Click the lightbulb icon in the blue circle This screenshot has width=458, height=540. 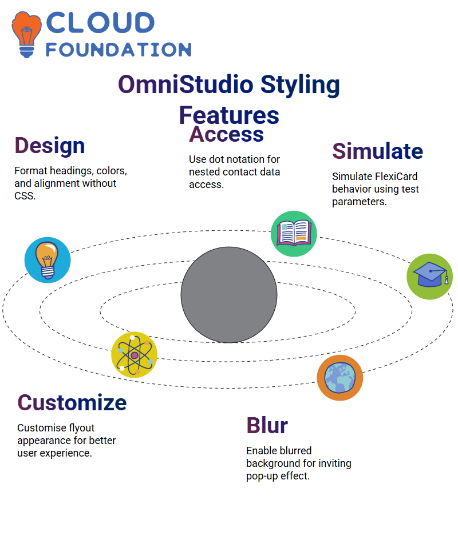pos(48,260)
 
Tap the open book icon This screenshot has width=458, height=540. pos(294,234)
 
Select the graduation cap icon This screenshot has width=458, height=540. pos(430,277)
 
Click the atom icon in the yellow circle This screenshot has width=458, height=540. pos(135,355)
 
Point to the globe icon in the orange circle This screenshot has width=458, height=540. pos(340,378)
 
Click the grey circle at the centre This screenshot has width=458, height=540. pos(229,295)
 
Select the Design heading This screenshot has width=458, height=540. pos(50,146)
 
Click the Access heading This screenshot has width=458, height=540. pos(226,134)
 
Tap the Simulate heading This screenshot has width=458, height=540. pos(378,151)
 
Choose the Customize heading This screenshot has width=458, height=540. pos(72,402)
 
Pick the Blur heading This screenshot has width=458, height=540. pos(267,425)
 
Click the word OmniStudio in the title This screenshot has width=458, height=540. pos(185,85)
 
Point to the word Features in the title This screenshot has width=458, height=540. pos(229,115)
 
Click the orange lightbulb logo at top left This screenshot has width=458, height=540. pos(26,34)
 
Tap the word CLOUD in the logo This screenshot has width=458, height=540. pos(100,23)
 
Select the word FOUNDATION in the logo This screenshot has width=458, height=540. pos(119,50)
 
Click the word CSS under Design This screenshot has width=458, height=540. pos(25,196)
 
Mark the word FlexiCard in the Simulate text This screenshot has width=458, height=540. pos(396,177)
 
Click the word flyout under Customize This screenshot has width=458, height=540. pos(82,428)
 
